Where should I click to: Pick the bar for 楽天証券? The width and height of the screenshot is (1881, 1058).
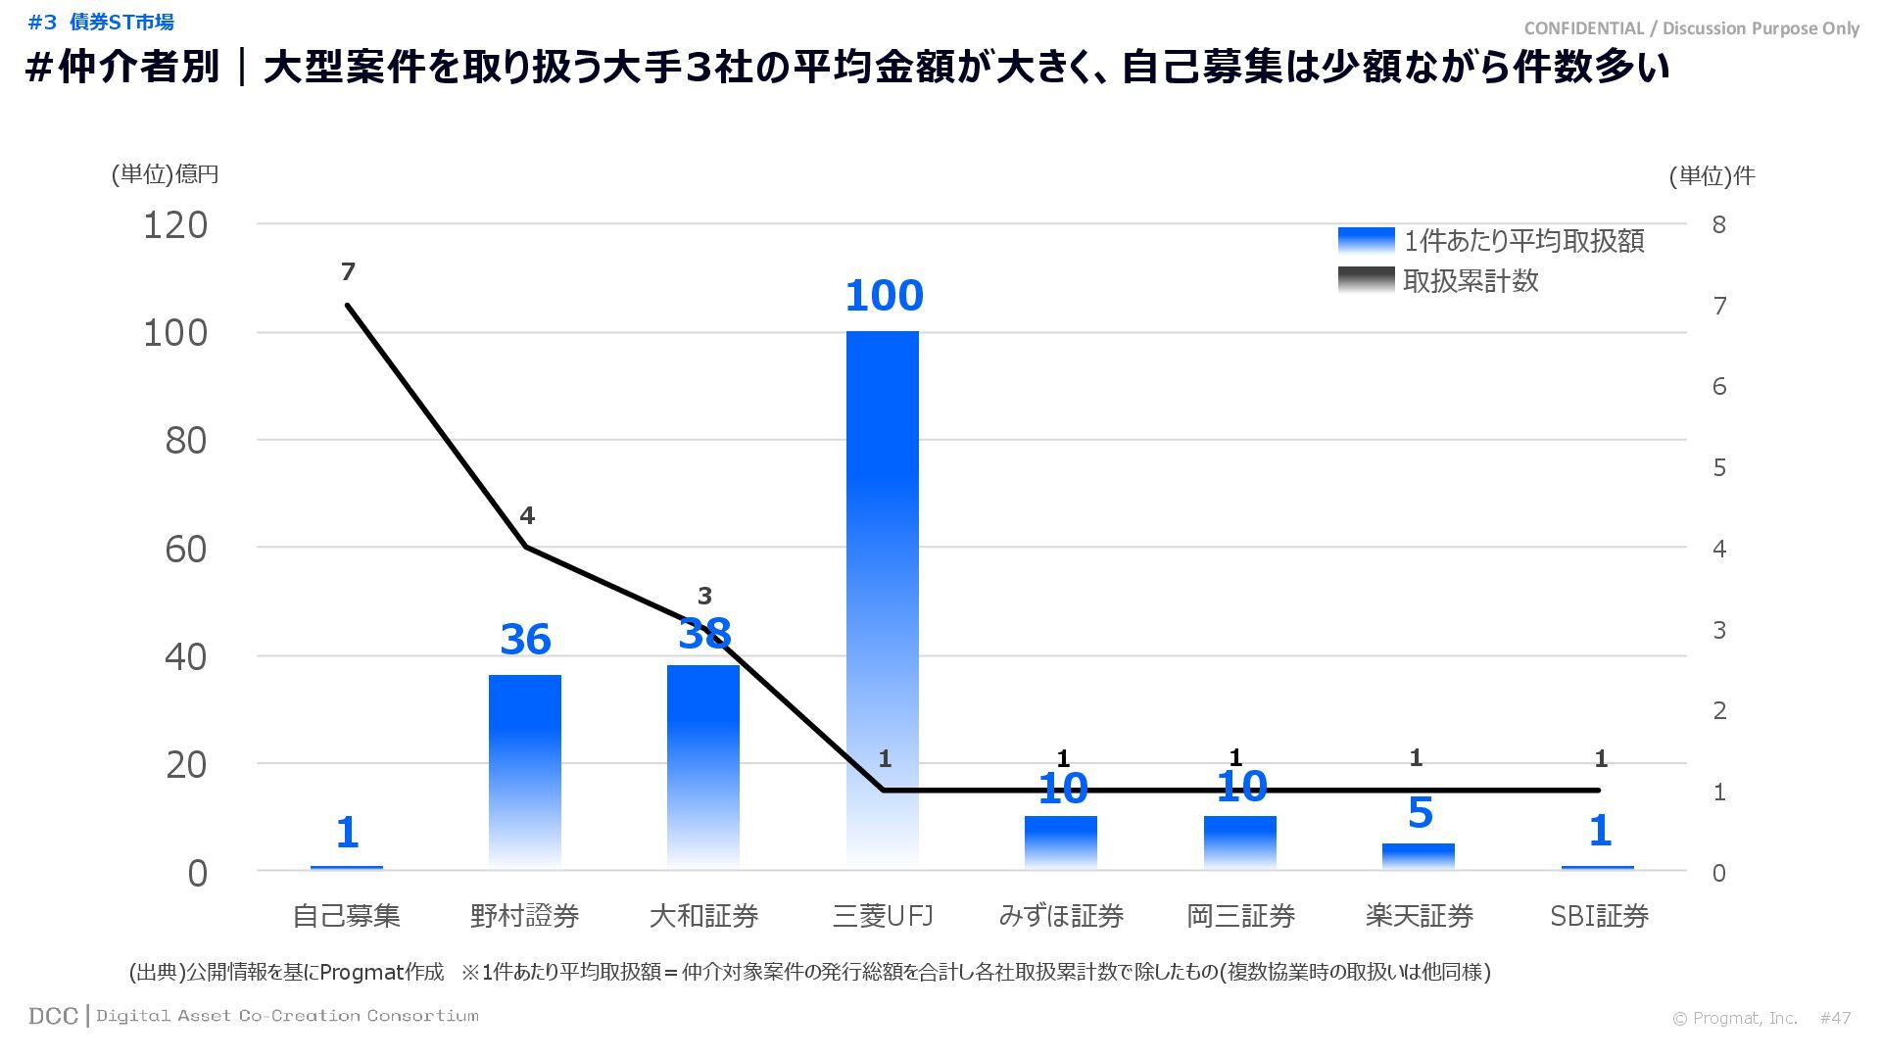tap(1419, 855)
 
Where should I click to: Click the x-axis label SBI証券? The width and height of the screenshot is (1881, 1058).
tap(1599, 916)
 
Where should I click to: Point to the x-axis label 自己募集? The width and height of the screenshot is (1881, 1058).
tap(347, 916)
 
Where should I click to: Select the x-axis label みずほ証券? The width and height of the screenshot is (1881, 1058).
tap(1061, 916)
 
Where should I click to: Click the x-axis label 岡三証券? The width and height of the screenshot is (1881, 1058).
tap(1240, 916)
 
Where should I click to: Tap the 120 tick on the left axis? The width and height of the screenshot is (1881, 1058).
tap(175, 225)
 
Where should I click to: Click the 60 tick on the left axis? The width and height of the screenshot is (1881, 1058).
tap(186, 550)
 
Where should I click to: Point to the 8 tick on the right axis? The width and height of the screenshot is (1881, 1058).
tap(1718, 224)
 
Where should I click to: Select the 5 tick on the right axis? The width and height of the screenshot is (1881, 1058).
tap(1718, 467)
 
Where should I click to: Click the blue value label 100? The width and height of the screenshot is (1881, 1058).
tap(884, 295)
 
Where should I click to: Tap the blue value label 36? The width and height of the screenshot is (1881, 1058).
tap(525, 640)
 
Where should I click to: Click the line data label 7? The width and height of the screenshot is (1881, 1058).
tap(348, 271)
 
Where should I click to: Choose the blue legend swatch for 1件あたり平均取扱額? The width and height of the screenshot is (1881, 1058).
tap(1366, 241)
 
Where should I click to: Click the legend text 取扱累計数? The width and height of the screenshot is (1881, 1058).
tap(1471, 281)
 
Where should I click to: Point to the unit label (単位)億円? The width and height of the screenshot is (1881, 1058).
tap(165, 174)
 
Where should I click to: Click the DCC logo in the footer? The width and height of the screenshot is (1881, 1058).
tap(53, 1016)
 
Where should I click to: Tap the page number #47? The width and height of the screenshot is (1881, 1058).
tap(1835, 1018)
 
